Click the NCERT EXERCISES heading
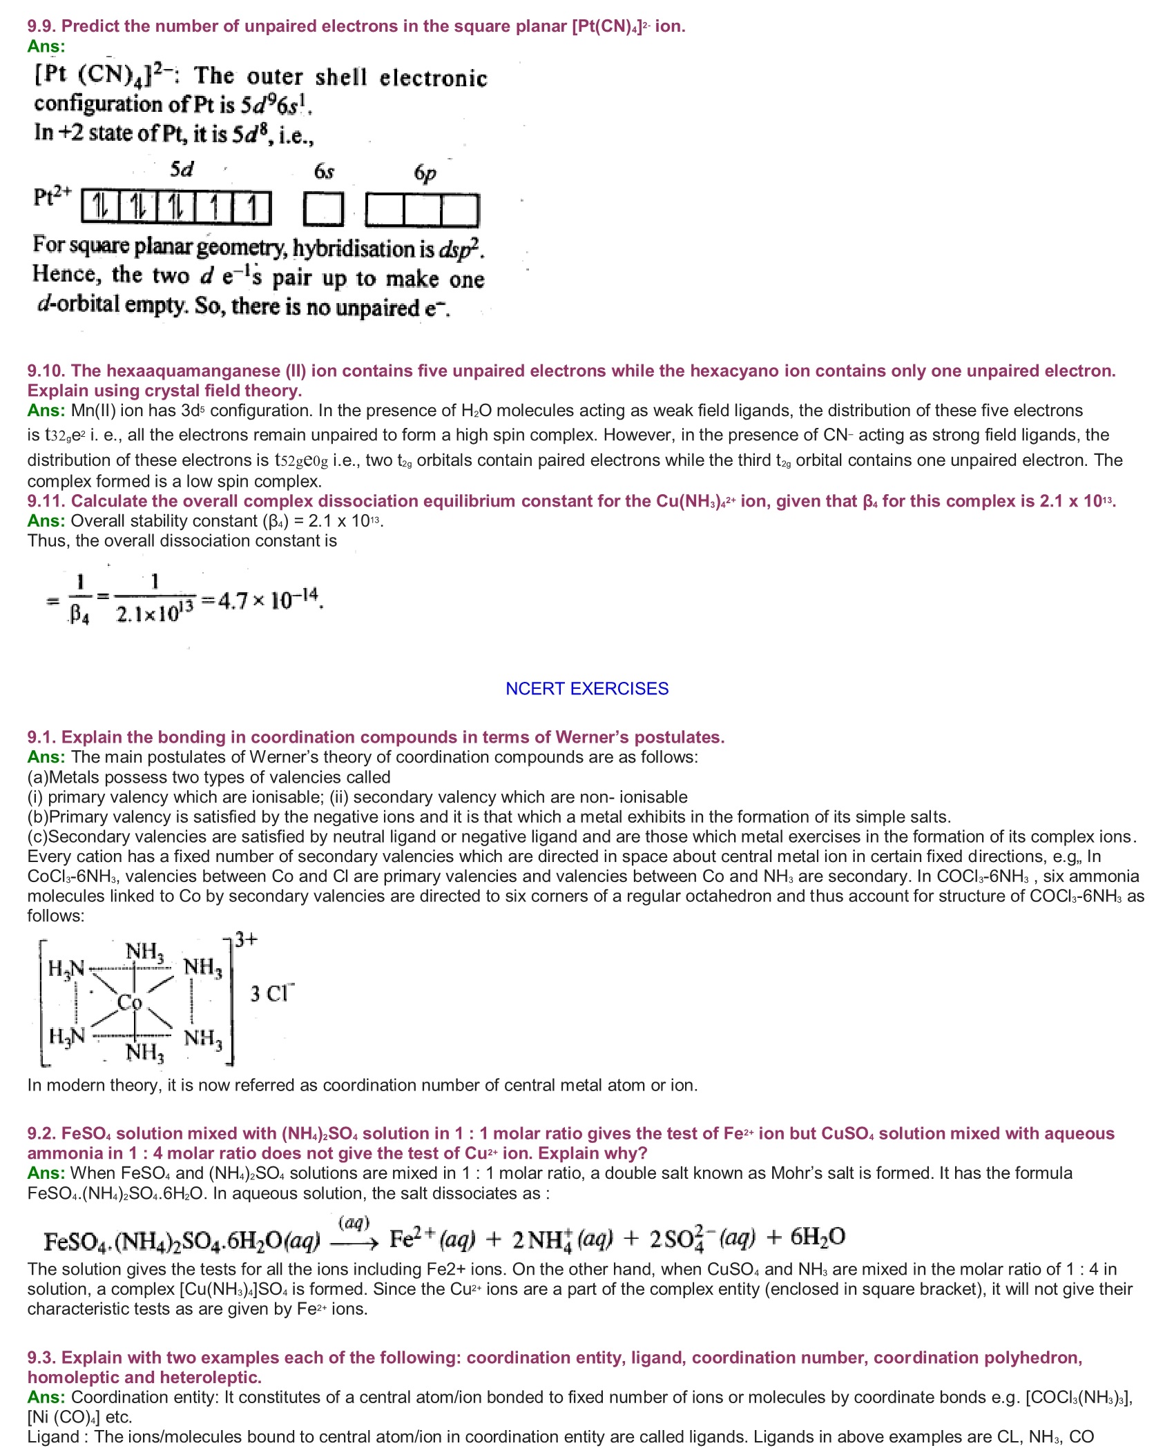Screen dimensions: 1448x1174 [x=587, y=689]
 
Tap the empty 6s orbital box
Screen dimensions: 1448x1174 [x=323, y=209]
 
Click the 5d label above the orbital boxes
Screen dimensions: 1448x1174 [x=182, y=169]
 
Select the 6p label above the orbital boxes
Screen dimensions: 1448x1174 [x=425, y=173]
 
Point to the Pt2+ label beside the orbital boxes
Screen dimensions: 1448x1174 [x=52, y=196]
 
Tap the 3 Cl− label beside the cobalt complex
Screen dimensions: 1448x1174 [x=271, y=993]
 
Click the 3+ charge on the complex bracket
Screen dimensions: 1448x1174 [x=247, y=939]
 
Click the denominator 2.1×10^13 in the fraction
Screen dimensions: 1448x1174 [x=155, y=612]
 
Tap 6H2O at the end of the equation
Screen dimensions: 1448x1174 [x=818, y=1237]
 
